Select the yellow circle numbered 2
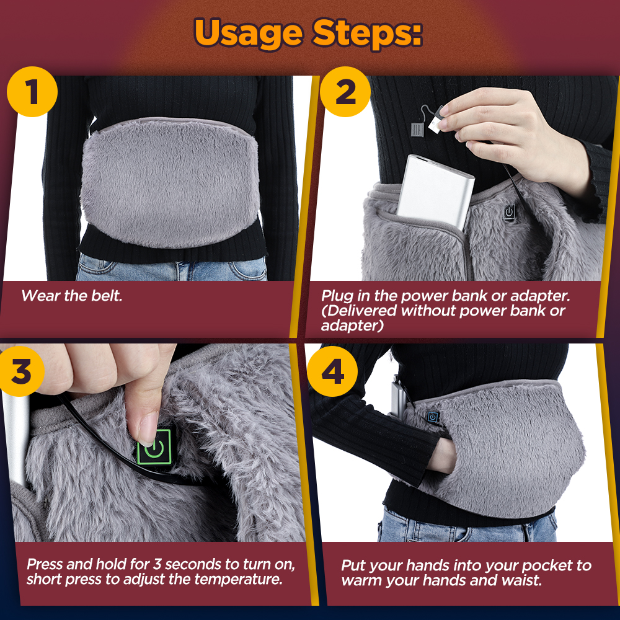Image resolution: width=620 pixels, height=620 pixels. [x=345, y=93]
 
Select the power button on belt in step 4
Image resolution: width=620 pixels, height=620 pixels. [x=432, y=418]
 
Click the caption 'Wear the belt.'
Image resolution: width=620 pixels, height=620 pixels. [x=72, y=296]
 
